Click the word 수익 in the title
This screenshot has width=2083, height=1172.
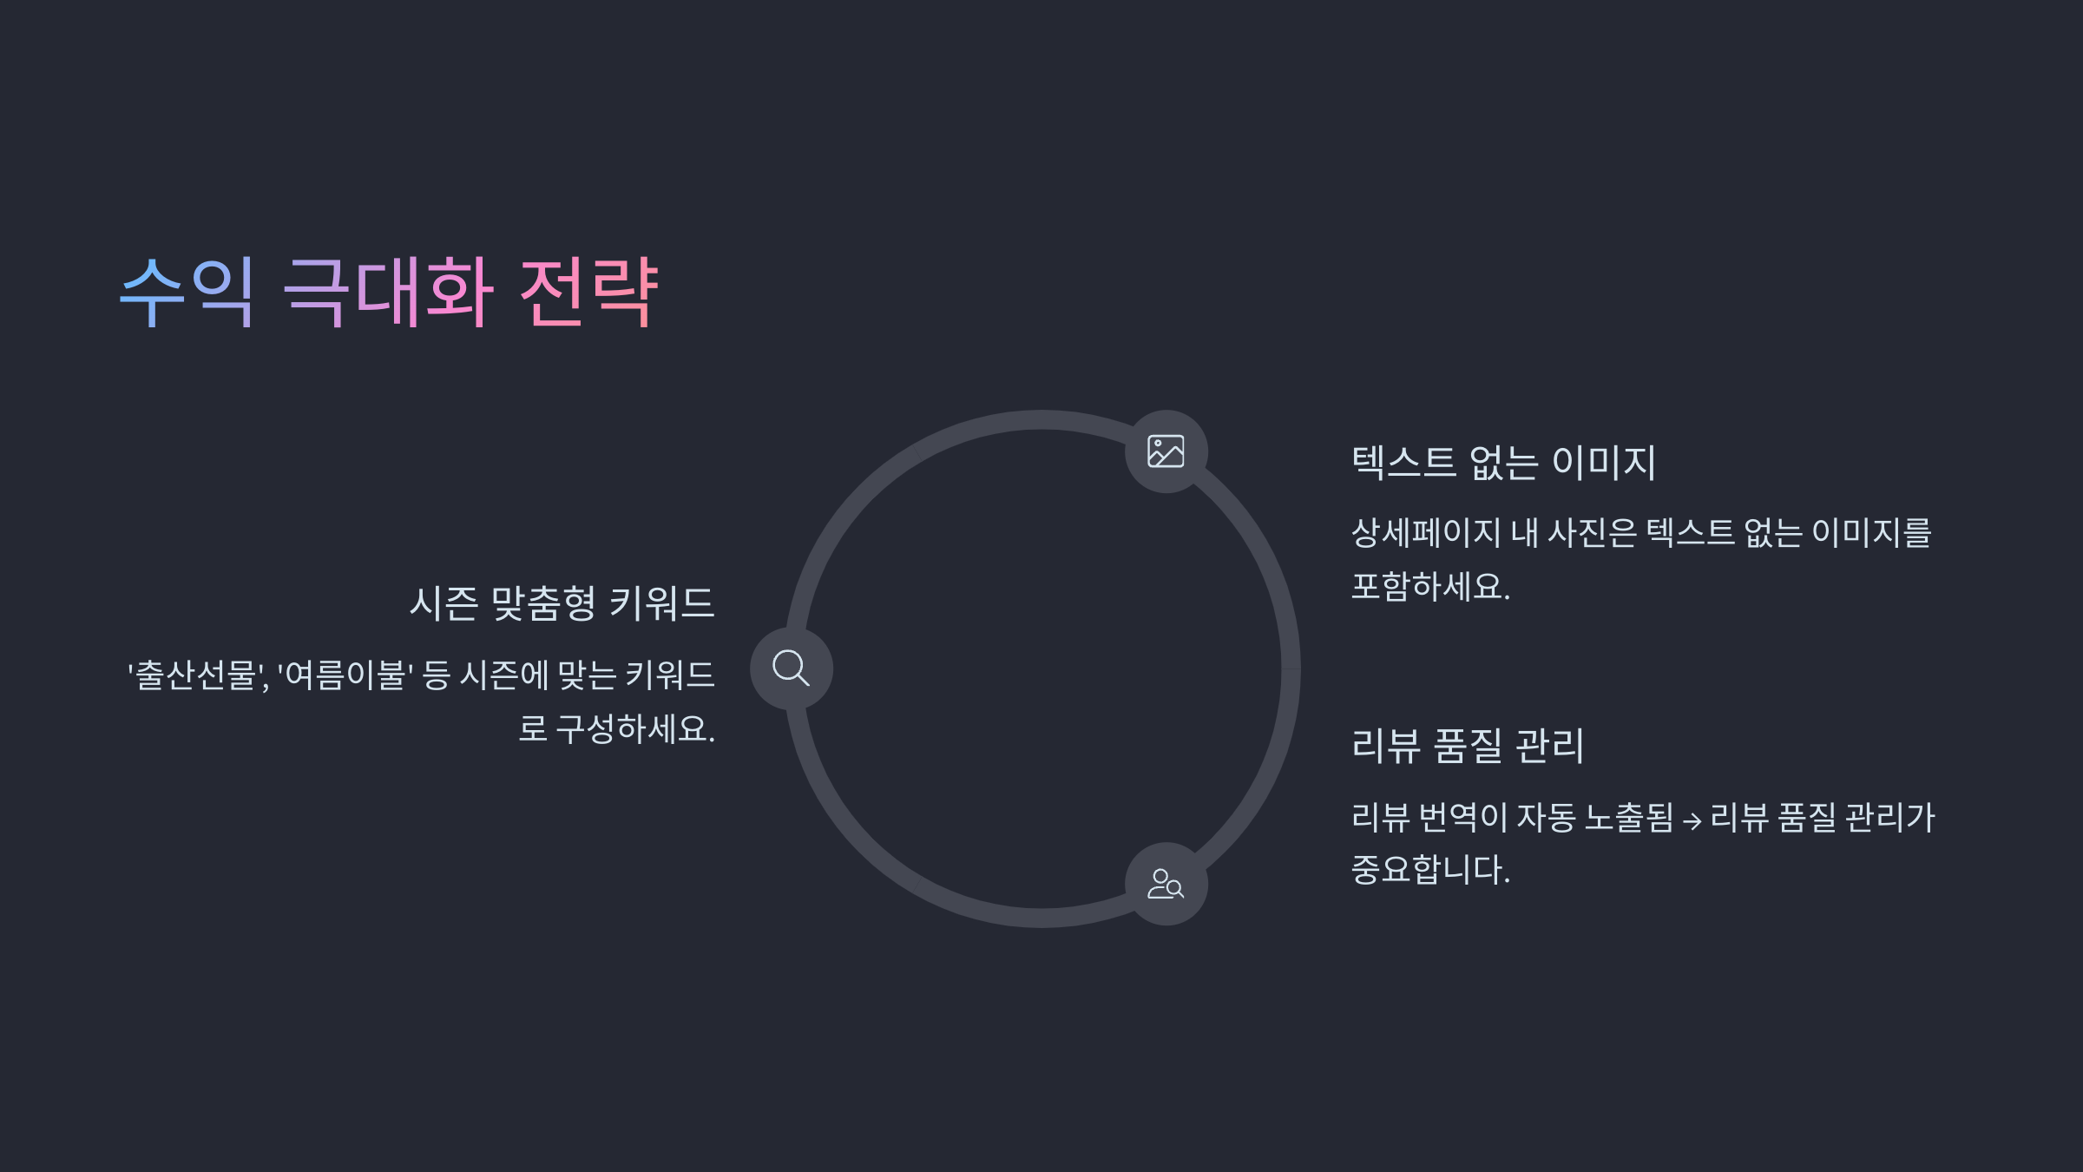coord(187,292)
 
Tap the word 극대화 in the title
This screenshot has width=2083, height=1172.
coord(388,292)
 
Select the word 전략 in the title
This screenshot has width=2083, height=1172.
coord(589,292)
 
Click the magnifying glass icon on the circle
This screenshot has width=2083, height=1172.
coord(791,668)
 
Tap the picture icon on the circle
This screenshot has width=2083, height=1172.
coord(1166,451)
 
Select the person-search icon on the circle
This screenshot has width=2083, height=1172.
coord(1166,884)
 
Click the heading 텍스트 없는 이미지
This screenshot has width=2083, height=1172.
coord(1503,462)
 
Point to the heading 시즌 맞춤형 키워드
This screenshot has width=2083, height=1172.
coord(562,603)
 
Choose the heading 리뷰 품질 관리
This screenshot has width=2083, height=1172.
coord(1468,746)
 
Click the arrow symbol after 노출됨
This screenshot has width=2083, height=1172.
coord(1692,820)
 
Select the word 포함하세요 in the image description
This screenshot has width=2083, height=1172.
coord(1429,587)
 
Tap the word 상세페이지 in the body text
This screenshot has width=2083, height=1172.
coord(1426,533)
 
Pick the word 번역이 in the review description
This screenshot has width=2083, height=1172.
coord(1462,818)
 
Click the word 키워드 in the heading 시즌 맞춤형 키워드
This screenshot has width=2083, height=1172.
coord(661,603)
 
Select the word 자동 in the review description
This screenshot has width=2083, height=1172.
coord(1546,818)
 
